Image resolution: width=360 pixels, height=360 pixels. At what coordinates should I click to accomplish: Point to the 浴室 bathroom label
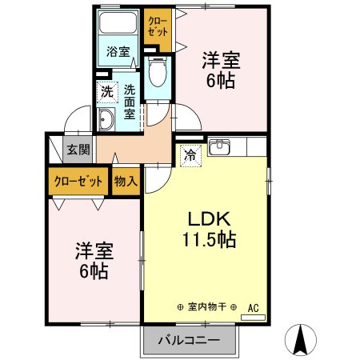118,53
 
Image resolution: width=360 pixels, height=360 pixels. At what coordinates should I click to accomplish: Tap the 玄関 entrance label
77,150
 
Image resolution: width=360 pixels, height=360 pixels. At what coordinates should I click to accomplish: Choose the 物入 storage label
126,182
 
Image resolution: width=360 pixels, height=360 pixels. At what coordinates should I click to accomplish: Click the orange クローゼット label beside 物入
78,182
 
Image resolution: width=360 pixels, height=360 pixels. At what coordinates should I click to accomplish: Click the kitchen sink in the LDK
219,147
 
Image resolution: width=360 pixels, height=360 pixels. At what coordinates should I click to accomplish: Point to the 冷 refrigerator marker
190,154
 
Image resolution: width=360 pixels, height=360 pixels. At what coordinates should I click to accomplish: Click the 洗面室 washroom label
130,102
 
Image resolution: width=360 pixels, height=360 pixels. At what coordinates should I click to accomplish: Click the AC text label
253,307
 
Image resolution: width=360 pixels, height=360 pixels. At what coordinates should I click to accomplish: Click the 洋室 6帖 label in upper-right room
221,70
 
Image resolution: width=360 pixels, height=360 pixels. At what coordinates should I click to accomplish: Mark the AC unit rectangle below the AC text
253,317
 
